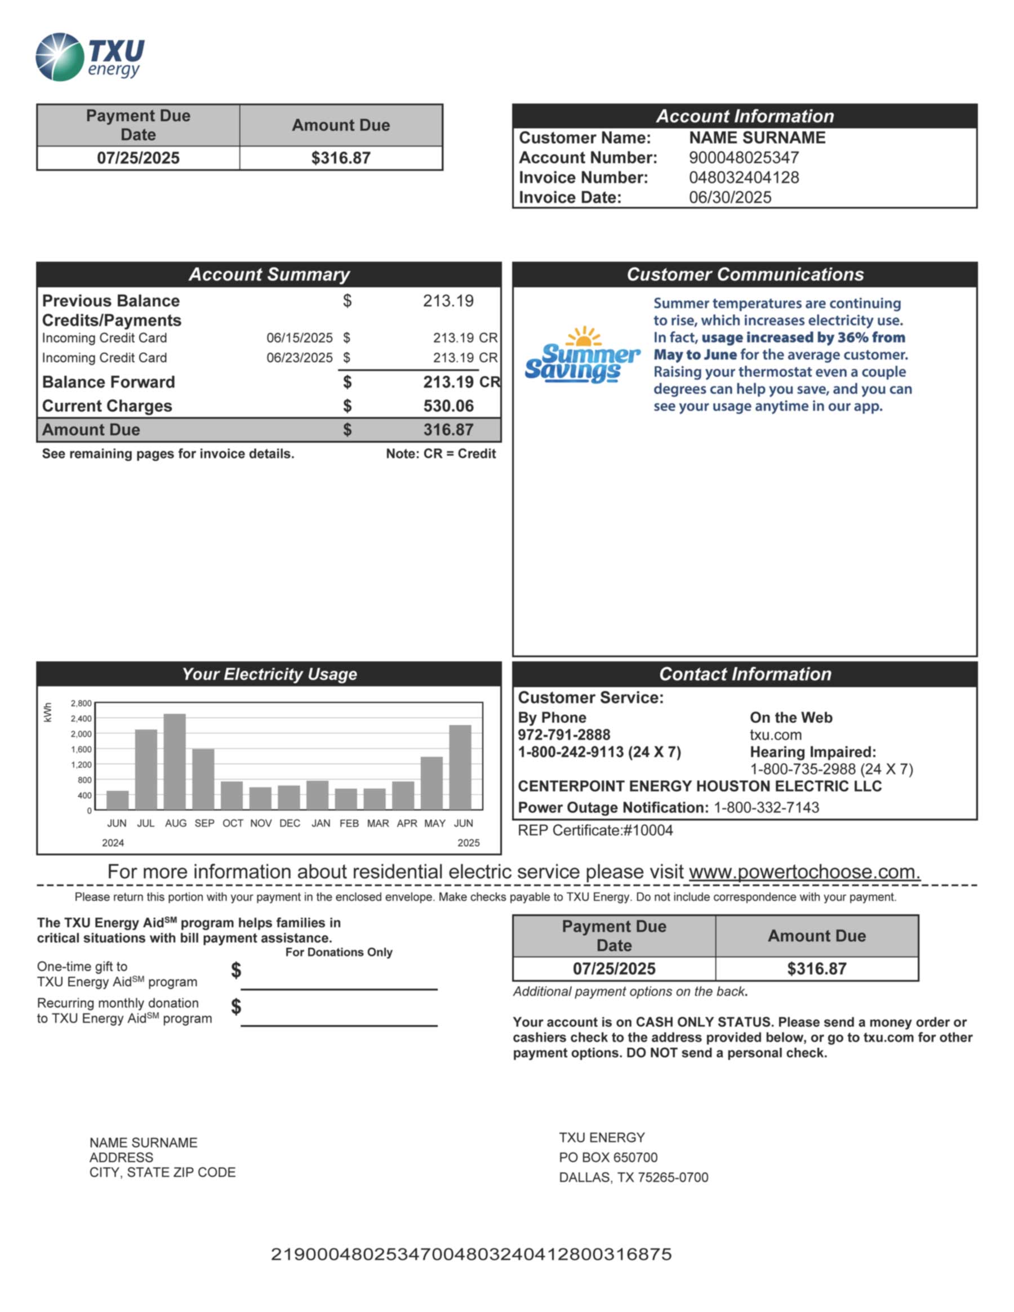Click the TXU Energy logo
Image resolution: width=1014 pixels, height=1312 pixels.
pos(90,57)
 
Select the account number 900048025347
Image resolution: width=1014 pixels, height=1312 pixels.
pos(744,158)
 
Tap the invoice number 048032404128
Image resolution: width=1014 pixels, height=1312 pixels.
pos(744,178)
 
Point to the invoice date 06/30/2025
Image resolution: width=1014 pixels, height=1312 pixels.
pos(730,198)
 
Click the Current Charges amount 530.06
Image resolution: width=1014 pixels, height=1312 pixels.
pos(448,406)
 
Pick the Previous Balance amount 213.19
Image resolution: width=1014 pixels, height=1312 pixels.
pos(448,301)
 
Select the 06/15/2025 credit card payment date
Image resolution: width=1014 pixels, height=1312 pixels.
pos(299,338)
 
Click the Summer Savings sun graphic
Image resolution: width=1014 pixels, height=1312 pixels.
pos(582,355)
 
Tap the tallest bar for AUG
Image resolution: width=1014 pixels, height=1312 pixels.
pos(175,762)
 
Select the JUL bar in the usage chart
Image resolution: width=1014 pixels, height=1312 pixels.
pos(146,770)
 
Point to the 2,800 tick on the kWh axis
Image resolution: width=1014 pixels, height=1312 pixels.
pos(81,704)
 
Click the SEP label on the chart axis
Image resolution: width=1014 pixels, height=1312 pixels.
pos(204,824)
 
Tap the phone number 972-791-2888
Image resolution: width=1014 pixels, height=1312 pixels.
pos(563,735)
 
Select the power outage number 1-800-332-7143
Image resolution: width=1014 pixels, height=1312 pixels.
pos(766,808)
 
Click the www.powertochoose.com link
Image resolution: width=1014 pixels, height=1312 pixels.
pos(804,871)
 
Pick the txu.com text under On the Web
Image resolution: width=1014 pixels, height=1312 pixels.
pos(775,735)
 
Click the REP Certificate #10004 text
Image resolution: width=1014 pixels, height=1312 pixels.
pos(595,831)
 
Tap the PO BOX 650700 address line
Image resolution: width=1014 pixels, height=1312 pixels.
pos(608,1158)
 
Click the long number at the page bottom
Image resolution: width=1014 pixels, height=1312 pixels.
pos(471,1255)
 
